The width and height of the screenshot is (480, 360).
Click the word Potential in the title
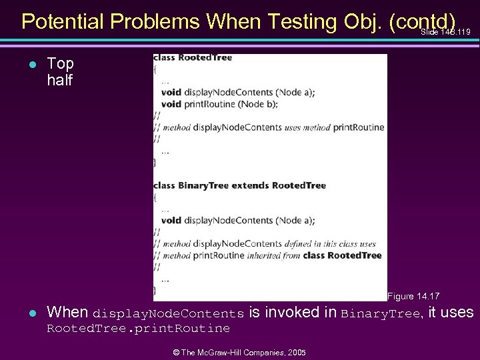[x=64, y=21]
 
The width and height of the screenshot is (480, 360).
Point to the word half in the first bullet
[x=59, y=80]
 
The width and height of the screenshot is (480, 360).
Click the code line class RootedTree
[x=193, y=58]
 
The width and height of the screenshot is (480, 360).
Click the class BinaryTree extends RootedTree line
[x=239, y=185]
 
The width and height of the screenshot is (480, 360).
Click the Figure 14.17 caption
[x=413, y=296]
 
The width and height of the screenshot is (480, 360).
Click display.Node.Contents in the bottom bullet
[x=168, y=313]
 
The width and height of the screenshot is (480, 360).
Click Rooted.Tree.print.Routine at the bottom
[x=137, y=329]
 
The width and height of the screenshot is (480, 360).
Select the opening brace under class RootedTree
[x=155, y=69]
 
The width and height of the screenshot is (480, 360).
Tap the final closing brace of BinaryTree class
[x=155, y=290]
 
